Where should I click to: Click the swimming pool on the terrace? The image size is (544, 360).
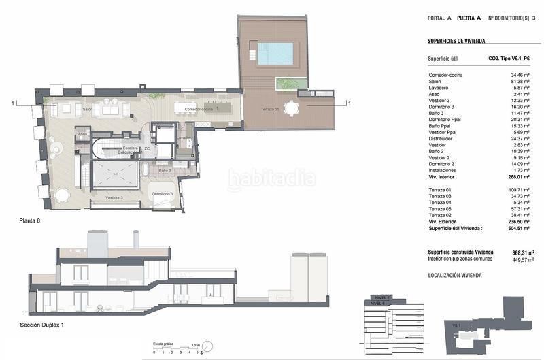pos(275,54)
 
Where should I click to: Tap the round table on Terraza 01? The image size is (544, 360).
pos(292,108)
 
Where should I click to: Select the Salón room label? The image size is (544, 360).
pos(87,109)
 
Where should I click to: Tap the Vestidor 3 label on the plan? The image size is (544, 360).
pos(114,197)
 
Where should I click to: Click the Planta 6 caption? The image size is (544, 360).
pos(33,222)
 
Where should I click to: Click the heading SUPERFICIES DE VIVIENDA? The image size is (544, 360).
pos(466,41)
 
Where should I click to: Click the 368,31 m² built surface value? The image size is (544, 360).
pos(522,252)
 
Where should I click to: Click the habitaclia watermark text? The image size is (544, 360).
pos(271,180)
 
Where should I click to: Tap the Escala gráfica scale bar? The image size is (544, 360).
pos(178,348)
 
